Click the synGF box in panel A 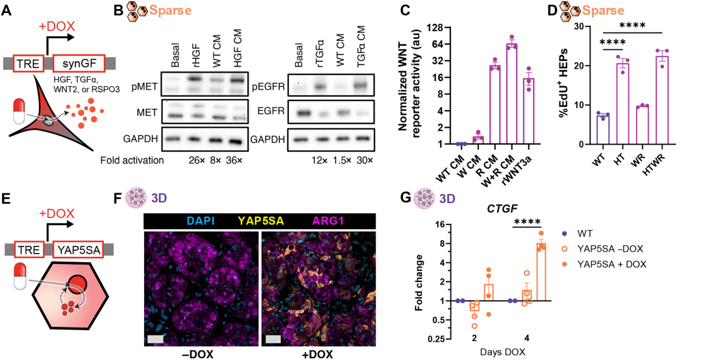pyautogui.click(x=79, y=64)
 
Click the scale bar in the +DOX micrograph pyautogui.click(x=272, y=338)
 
